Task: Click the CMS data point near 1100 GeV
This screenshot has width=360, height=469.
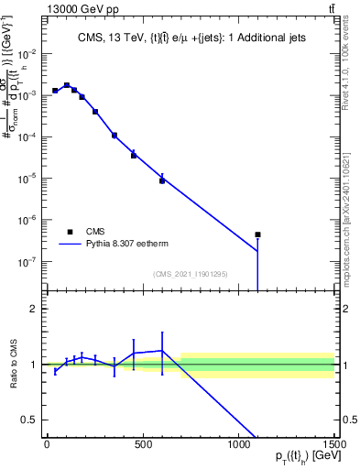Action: tap(258, 234)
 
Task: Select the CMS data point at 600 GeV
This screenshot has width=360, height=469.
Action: tap(162, 180)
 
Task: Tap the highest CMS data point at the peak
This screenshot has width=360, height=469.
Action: tap(67, 85)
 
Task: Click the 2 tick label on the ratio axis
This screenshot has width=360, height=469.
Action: tap(31, 309)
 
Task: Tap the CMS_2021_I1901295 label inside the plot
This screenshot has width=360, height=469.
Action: tap(190, 274)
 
